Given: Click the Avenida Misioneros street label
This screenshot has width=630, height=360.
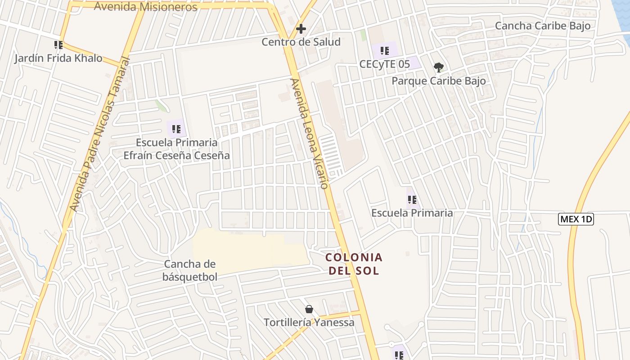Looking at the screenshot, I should (145, 7).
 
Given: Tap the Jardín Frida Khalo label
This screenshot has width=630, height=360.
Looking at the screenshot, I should (58, 58).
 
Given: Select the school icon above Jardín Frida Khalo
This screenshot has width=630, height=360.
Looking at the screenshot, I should (58, 45).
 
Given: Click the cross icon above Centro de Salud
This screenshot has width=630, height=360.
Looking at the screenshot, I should (301, 29).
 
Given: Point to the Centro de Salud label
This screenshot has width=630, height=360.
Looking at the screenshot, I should (301, 42).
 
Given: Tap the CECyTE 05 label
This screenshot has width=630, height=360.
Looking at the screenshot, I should (385, 64).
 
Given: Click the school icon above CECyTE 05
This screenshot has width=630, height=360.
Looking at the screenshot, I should (384, 50).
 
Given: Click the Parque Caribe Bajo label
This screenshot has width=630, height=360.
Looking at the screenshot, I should (439, 81).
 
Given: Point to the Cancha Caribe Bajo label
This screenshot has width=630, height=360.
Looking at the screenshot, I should (543, 26).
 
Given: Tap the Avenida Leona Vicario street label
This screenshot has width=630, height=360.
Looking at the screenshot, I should (310, 134).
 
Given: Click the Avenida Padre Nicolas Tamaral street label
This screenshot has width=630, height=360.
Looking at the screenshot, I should (100, 134).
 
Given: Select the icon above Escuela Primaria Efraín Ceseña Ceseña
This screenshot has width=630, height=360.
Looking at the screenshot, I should (176, 129).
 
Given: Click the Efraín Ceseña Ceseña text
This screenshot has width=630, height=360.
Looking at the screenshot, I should (177, 156).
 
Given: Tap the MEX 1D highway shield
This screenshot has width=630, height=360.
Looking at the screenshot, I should (576, 220).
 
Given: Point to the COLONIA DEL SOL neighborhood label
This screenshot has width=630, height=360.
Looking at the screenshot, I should (354, 264).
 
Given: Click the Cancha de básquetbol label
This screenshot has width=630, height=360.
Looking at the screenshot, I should (190, 270).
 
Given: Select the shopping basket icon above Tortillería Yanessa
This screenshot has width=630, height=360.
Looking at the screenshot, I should (309, 309).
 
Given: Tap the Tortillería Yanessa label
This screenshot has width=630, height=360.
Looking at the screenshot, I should (309, 323).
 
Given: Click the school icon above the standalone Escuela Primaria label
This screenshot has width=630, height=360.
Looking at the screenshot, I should (412, 199).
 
